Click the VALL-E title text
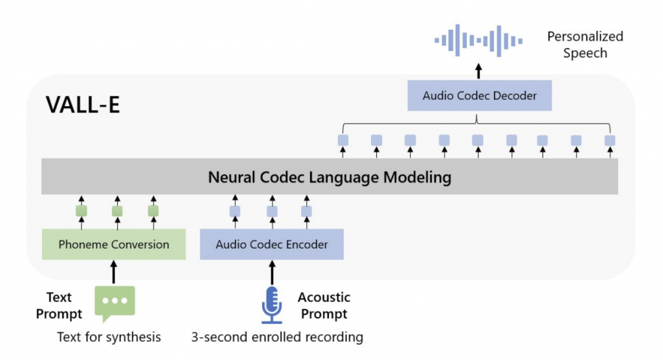tap(83, 106)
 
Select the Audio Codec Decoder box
tap(479, 96)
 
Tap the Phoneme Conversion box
tap(114, 245)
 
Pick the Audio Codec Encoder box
tap(271, 245)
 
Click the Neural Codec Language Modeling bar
tap(330, 177)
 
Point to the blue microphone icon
tap(271, 304)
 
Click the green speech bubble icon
tap(115, 303)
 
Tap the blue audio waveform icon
tap(478, 41)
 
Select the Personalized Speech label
tap(585, 45)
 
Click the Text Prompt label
tap(59, 306)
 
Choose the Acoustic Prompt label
tap(324, 306)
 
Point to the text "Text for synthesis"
tap(109, 337)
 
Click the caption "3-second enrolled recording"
tap(277, 337)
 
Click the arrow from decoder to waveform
tap(478, 71)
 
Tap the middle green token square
tap(117, 210)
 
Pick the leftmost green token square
tap(82, 210)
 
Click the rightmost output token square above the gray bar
tap(609, 140)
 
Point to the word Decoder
tap(514, 96)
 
